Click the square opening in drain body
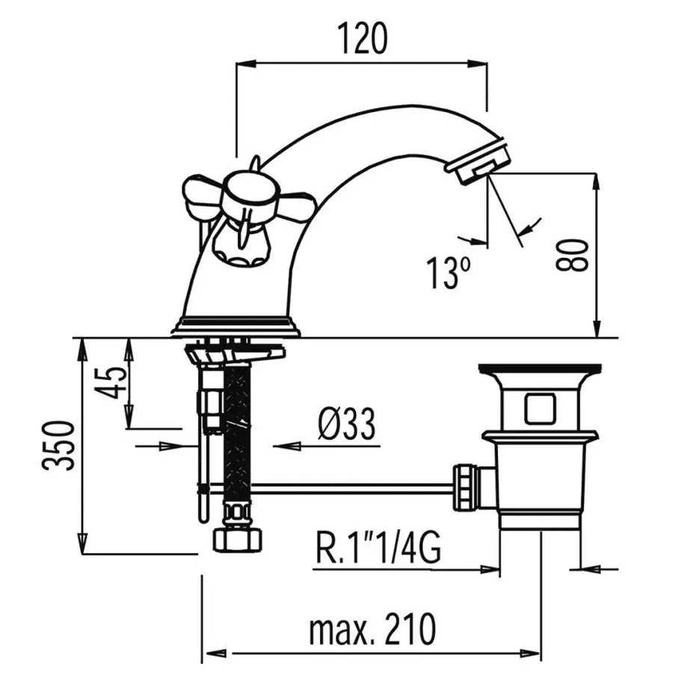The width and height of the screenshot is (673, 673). [538, 409]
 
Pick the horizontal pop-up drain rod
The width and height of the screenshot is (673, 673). [351, 488]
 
